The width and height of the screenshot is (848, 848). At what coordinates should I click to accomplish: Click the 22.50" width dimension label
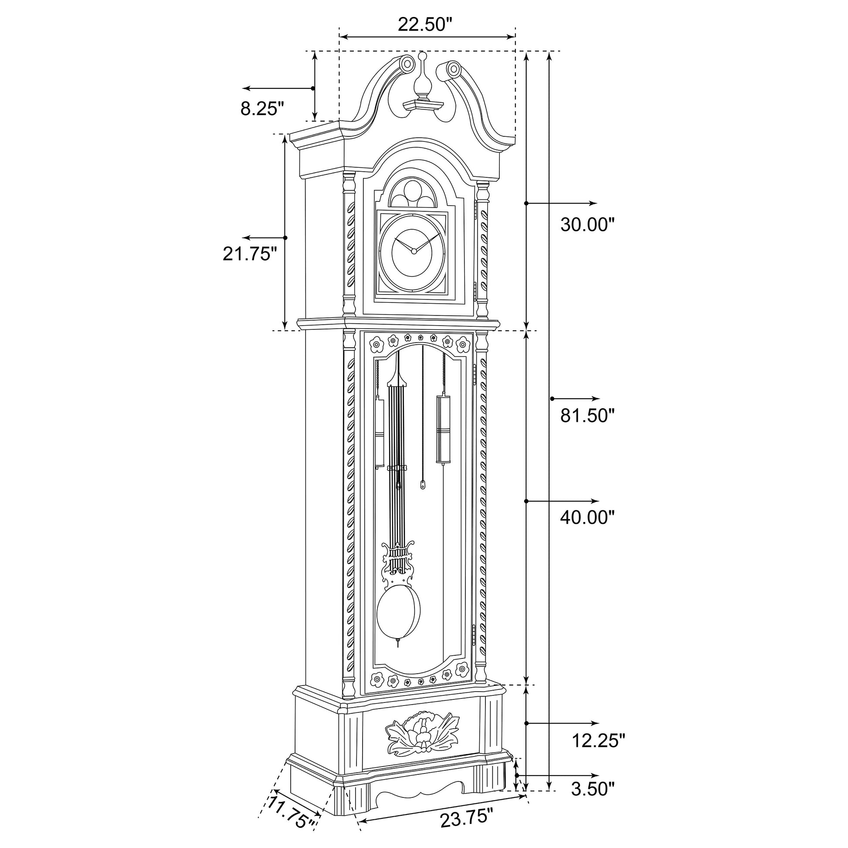[424, 24]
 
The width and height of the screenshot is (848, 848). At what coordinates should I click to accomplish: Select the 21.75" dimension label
[250, 254]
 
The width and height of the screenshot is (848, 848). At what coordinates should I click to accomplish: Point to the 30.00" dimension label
[587, 225]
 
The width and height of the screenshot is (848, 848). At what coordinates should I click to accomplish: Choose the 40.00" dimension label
[587, 518]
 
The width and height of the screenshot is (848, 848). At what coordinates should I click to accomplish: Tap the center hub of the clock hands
[413, 251]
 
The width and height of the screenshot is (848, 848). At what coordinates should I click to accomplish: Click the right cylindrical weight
[443, 428]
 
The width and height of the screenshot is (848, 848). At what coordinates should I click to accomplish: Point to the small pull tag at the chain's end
[423, 485]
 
